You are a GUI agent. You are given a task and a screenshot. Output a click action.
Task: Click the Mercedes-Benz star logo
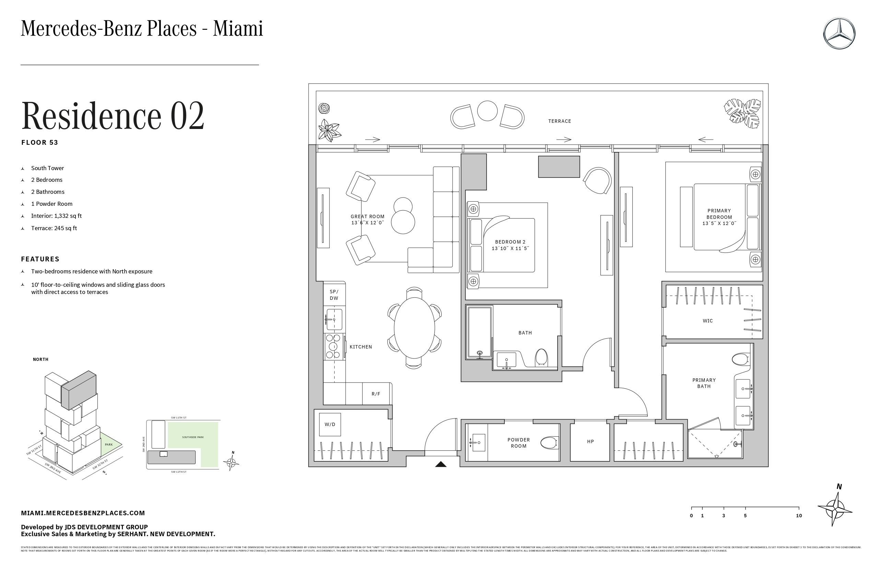click(x=839, y=34)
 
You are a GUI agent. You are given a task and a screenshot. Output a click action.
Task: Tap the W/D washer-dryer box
click(x=330, y=425)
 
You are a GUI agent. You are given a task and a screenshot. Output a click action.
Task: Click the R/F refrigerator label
click(x=376, y=394)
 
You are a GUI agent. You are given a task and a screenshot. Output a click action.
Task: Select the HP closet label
click(x=591, y=442)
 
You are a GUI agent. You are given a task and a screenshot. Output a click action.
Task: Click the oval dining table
click(x=415, y=328)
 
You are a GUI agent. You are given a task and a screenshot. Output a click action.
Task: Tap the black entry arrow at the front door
click(x=441, y=464)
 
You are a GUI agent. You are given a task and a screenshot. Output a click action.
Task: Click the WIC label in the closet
click(x=708, y=321)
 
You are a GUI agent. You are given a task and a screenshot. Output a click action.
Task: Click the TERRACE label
click(x=560, y=121)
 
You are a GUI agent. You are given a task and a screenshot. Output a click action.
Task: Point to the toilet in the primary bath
click(x=740, y=359)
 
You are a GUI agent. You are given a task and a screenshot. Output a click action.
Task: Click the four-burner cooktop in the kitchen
click(x=333, y=346)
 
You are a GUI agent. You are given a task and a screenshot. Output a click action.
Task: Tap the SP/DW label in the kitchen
click(x=334, y=295)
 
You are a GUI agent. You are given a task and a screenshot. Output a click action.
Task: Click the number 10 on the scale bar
click(x=799, y=516)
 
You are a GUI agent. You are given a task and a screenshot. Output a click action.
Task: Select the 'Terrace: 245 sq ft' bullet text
click(x=54, y=228)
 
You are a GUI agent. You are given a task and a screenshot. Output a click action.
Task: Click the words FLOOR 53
click(x=40, y=143)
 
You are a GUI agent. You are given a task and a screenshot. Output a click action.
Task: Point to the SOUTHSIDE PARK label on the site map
click(x=192, y=437)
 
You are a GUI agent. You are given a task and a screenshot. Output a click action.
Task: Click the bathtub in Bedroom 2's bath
click(x=479, y=331)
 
